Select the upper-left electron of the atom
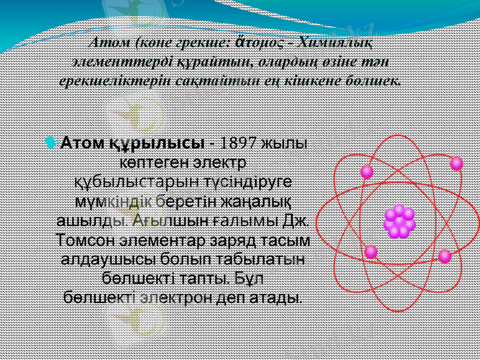[x=367, y=172]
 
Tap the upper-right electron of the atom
[x=456, y=163]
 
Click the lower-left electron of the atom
[x=371, y=251]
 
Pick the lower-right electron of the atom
[x=445, y=256]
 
